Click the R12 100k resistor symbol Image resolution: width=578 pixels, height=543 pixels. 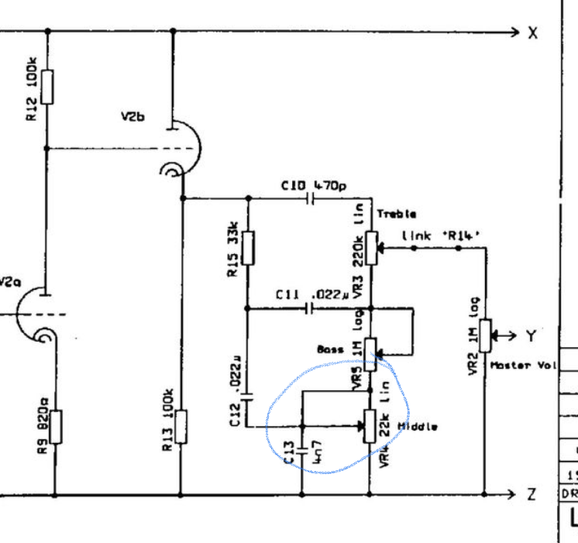(47, 87)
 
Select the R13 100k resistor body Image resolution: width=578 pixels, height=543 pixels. (181, 427)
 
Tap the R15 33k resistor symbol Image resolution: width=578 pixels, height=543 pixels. (249, 247)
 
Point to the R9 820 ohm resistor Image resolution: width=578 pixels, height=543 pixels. (55, 427)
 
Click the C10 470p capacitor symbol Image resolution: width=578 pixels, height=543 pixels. (311, 199)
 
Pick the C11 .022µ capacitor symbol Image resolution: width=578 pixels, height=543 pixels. (311, 309)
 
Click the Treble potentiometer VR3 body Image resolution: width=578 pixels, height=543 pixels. (370, 248)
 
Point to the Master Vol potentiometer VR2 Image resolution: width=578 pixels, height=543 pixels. (484, 335)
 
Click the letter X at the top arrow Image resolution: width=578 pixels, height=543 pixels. (532, 33)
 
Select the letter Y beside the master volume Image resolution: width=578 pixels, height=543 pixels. (532, 335)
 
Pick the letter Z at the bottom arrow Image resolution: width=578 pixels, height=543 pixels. (532, 494)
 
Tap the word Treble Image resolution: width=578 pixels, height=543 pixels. (396, 214)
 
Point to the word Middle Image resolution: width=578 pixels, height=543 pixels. (418, 427)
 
